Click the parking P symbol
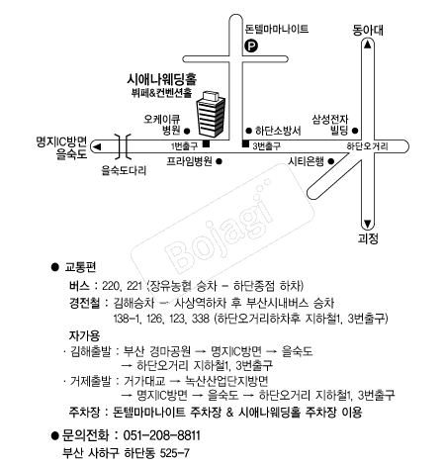pyautogui.click(x=251, y=46)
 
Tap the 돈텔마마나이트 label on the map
pyautogui.click(x=277, y=29)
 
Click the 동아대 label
pyautogui.click(x=368, y=30)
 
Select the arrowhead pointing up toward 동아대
pyautogui.click(x=368, y=45)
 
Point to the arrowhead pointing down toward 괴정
pyautogui.click(x=368, y=224)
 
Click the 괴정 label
pyautogui.click(x=368, y=238)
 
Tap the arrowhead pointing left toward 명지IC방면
pyautogui.click(x=97, y=147)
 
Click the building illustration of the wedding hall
pyautogui.click(x=212, y=114)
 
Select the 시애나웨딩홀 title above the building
pyautogui.click(x=161, y=79)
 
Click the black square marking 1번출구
pyautogui.click(x=206, y=143)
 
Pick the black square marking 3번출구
pyautogui.click(x=245, y=143)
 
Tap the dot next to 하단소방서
pyautogui.click(x=249, y=131)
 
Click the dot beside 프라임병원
pyautogui.click(x=219, y=161)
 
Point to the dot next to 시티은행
pyautogui.click(x=331, y=161)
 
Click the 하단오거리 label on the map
pyautogui.click(x=367, y=146)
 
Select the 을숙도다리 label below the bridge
pyautogui.click(x=124, y=170)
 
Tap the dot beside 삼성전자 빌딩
pyautogui.click(x=355, y=131)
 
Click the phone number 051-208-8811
pyautogui.click(x=161, y=435)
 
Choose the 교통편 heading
pyautogui.click(x=80, y=267)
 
